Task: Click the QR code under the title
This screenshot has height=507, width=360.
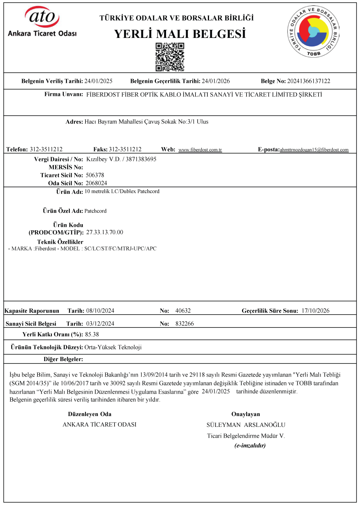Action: pyautogui.click(x=170, y=57)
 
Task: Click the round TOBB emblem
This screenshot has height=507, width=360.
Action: pyautogui.click(x=314, y=31)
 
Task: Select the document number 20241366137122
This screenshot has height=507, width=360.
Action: pyautogui.click(x=309, y=81)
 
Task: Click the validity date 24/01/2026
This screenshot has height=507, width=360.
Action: pyautogui.click(x=216, y=81)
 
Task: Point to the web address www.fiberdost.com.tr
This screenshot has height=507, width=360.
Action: pyautogui.click(x=200, y=150)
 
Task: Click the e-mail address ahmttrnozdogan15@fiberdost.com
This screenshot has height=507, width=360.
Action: pyautogui.click(x=314, y=150)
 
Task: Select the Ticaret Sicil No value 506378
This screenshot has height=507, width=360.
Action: pyautogui.click(x=95, y=175)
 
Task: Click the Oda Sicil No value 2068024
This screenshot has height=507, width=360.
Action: pyautogui.click(x=96, y=183)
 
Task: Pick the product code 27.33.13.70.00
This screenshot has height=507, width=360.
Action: pyautogui.click(x=105, y=232)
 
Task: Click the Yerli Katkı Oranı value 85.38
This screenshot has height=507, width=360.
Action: pyautogui.click(x=92, y=334)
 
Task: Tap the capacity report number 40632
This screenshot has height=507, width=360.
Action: pyautogui.click(x=183, y=311)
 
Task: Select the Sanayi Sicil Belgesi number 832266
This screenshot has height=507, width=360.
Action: pyautogui.click(x=184, y=324)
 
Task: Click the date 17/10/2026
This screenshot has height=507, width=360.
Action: pyautogui.click(x=315, y=311)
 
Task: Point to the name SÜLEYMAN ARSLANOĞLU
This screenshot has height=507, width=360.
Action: pyautogui.click(x=246, y=425)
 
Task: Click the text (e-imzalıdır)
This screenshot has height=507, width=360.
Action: pyautogui.click(x=250, y=445)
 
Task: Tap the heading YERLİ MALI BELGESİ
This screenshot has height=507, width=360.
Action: pyautogui.click(x=180, y=34)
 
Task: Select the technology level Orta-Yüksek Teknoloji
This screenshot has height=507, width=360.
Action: pyautogui.click(x=113, y=347)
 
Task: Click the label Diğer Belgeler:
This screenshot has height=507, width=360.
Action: pyautogui.click(x=63, y=359)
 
